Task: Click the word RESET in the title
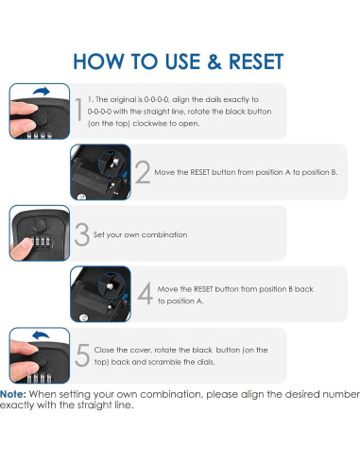click(x=256, y=61)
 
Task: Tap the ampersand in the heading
click(x=214, y=61)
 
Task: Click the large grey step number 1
click(x=79, y=110)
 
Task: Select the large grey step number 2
click(x=143, y=172)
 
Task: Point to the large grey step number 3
click(x=82, y=234)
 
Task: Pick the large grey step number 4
click(x=146, y=293)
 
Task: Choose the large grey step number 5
click(x=82, y=355)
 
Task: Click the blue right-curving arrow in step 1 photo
click(x=42, y=91)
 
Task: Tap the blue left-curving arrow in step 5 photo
click(x=41, y=335)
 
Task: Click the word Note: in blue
click(x=13, y=394)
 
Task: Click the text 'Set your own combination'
click(x=140, y=234)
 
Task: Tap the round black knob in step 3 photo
click(x=40, y=226)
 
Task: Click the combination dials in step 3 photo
click(x=41, y=242)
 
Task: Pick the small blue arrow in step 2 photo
click(x=126, y=175)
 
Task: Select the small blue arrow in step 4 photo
click(x=125, y=297)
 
